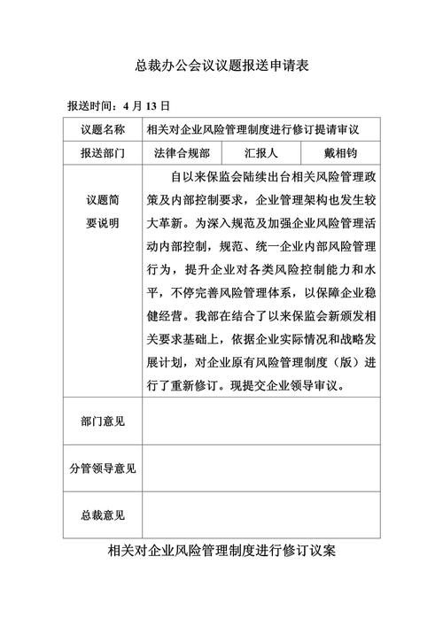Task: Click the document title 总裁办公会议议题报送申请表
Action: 221,66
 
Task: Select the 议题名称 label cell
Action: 103,130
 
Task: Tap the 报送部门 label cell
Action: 103,152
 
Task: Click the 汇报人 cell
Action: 261,152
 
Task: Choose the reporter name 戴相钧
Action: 340,152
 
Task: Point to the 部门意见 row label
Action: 103,421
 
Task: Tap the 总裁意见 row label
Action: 103,514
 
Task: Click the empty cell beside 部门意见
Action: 260,421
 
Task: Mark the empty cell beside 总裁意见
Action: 260,514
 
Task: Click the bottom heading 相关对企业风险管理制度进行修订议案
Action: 221,552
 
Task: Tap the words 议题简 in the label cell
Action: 103,201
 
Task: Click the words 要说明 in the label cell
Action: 103,222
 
